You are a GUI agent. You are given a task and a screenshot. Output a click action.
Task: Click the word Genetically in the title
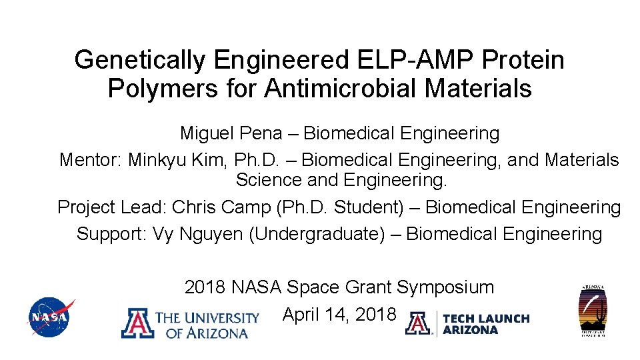(x=141, y=61)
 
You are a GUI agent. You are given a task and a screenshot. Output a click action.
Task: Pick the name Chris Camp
(x=221, y=207)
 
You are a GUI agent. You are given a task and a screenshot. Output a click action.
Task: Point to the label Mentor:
(x=90, y=161)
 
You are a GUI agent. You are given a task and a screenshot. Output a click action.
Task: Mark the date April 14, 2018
(x=339, y=314)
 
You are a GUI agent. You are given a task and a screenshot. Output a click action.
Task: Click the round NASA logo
(x=49, y=317)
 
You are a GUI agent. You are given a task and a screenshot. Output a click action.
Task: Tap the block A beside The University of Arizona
(x=136, y=324)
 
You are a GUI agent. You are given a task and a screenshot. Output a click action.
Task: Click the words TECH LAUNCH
(x=486, y=319)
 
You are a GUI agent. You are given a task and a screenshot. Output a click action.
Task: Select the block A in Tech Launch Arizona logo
(x=418, y=323)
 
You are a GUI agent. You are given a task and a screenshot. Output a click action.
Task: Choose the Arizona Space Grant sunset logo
(x=593, y=311)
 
